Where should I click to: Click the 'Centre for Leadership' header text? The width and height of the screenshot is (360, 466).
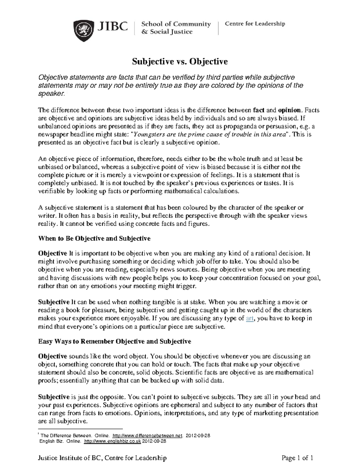pos(255,24)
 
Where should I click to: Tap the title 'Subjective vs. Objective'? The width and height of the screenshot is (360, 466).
pos(180,62)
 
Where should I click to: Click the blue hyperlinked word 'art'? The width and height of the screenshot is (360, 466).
pos(250,318)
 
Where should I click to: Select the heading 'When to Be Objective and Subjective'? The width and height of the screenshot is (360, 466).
pos(94,239)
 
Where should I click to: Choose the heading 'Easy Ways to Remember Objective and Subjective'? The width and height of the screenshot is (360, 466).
pos(114,341)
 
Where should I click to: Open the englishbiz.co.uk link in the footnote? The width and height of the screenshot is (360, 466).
pos(112,441)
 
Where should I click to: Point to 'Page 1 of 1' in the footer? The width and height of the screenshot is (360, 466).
pos(297,458)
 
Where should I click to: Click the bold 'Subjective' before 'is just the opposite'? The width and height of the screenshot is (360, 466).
pos(54,397)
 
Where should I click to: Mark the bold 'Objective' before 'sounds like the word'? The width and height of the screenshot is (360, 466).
pos(52,356)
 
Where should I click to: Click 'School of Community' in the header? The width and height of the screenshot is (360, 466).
pos(176,24)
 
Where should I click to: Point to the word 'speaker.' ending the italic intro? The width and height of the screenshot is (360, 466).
pos(51,94)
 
